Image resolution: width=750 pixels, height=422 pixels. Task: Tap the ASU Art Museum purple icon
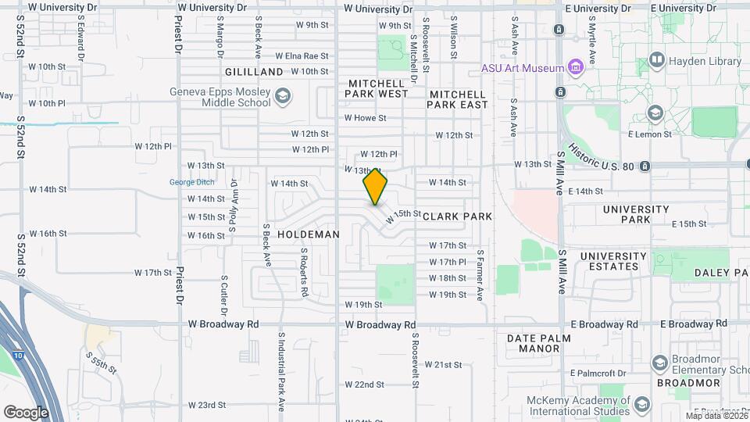coord(576,67)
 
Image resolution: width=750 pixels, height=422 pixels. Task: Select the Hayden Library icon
coord(656,60)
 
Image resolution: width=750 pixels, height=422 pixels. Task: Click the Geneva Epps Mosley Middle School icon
coord(282,97)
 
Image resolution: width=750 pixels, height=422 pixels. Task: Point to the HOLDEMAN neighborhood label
coord(309,234)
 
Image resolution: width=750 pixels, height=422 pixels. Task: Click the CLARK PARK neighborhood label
coord(458,216)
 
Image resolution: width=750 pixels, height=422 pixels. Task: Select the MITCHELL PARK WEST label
coord(377,88)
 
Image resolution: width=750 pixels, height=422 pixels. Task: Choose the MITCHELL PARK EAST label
coord(458,99)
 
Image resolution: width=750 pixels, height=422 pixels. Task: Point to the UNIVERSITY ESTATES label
coord(613,261)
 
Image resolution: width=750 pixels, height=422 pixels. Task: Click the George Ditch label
coord(191,183)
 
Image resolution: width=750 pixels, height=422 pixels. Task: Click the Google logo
coord(27,412)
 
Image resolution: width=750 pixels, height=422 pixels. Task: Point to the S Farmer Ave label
coord(480,275)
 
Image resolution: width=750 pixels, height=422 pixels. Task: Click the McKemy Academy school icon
coord(642,405)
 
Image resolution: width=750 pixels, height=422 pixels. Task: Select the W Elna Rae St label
coord(302,56)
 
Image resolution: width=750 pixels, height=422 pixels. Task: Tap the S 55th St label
coord(102,362)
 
